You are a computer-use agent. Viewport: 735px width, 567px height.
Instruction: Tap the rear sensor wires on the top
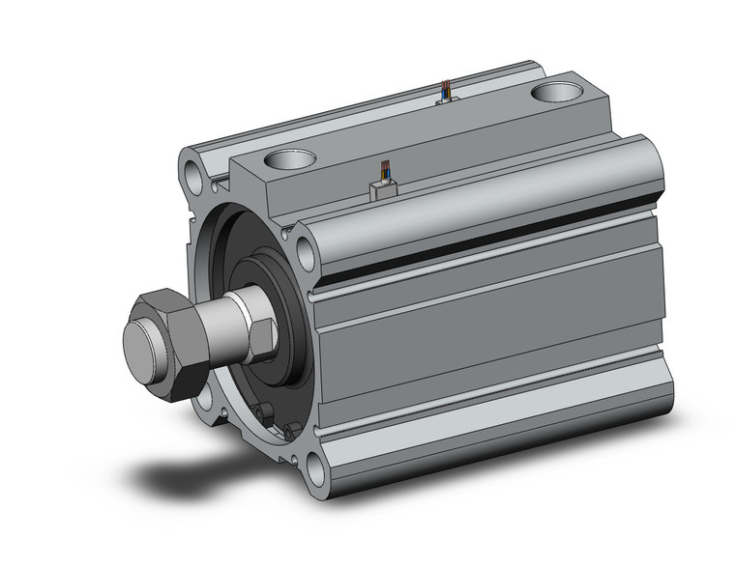click(x=444, y=92)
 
